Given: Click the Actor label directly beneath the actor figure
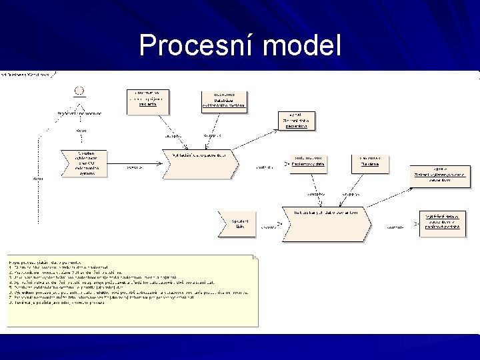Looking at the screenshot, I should (81, 131).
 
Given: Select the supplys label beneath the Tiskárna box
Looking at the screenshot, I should (351, 195).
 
